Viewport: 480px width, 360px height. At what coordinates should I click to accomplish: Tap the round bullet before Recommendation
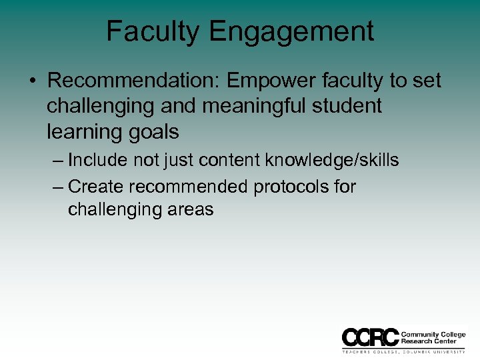(32, 81)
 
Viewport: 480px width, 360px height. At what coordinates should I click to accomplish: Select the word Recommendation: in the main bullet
(134, 81)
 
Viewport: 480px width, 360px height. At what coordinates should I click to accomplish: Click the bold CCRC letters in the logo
(370, 337)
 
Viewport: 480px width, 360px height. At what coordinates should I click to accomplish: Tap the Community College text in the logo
(433, 334)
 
